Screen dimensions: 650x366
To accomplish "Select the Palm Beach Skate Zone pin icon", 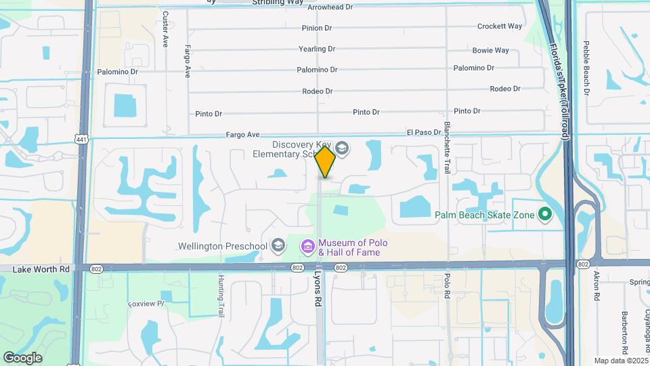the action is (x=545, y=216).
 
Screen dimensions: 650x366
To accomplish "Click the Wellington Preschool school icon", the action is (x=278, y=245).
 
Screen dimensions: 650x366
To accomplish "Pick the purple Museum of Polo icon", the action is (x=308, y=247).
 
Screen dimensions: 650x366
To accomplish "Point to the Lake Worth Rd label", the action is (x=41, y=269).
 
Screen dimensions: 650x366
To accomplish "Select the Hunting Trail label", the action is (x=221, y=296).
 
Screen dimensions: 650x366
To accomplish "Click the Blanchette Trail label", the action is (x=448, y=147).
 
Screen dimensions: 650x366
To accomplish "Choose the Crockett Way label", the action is (x=500, y=26).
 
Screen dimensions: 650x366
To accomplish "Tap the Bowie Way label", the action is (x=491, y=50).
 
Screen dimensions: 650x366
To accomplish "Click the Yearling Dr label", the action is (x=317, y=49).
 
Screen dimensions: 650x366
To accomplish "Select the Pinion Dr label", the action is (x=317, y=28).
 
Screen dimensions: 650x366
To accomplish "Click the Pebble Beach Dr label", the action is (x=587, y=68).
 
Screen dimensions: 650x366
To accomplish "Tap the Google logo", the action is (x=22, y=358).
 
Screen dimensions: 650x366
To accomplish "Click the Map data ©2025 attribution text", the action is (x=620, y=361).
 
